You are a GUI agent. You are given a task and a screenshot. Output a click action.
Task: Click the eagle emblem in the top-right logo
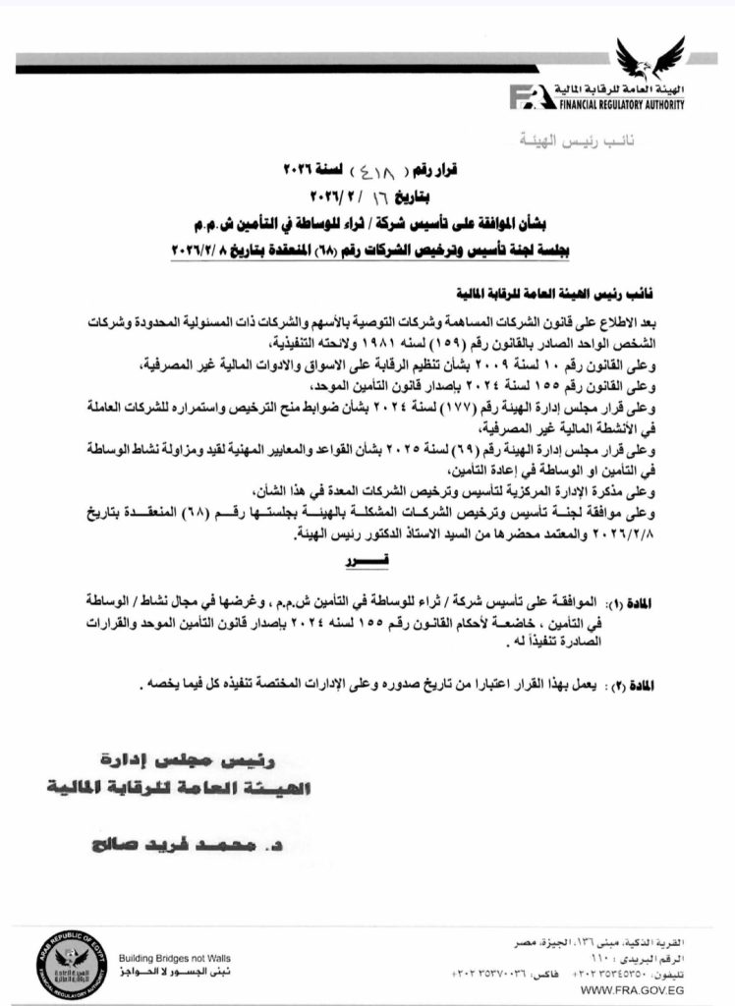coord(649,60)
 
